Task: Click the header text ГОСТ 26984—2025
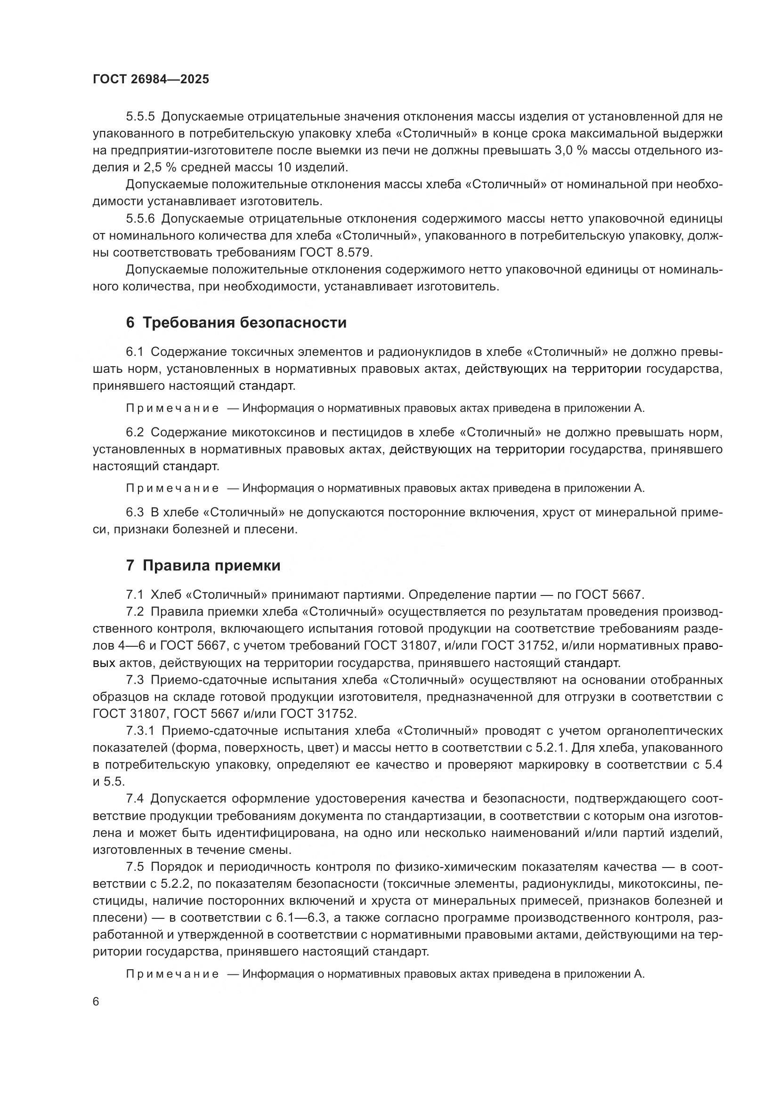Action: pyautogui.click(x=151, y=80)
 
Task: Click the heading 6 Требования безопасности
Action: pyautogui.click(x=236, y=323)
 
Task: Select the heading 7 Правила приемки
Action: pyautogui.click(x=203, y=565)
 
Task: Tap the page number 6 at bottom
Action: pyautogui.click(x=96, y=1002)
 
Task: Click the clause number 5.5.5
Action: pyautogui.click(x=140, y=117)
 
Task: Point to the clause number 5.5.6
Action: pyautogui.click(x=140, y=219)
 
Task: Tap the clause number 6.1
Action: pyautogui.click(x=135, y=352)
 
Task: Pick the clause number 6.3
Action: pyautogui.click(x=135, y=513)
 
